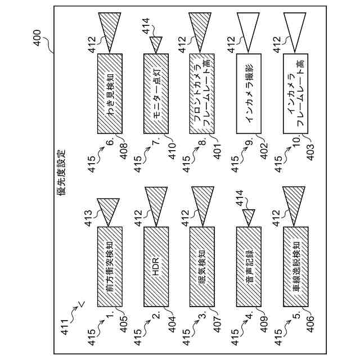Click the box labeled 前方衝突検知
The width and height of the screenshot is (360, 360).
click(x=110, y=266)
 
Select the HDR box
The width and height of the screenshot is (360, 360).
click(x=156, y=266)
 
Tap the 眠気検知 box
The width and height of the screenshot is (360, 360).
click(x=202, y=266)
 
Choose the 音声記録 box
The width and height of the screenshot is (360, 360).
click(x=249, y=266)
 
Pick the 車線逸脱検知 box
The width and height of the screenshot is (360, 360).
click(x=296, y=266)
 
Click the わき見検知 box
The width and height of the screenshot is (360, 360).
click(x=110, y=93)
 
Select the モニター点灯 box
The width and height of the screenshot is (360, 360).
click(x=156, y=93)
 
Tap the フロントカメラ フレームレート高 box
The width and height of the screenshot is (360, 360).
click(x=202, y=93)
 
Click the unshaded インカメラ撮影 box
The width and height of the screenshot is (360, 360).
click(x=249, y=93)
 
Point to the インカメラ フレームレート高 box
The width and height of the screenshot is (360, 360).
click(x=296, y=93)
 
